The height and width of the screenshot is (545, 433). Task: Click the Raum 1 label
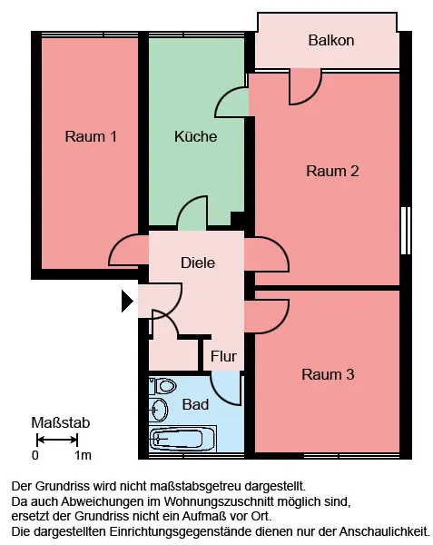(91, 136)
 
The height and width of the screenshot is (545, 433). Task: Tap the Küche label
(195, 136)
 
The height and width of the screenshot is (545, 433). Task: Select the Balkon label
(331, 40)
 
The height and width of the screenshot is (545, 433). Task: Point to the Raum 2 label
(332, 171)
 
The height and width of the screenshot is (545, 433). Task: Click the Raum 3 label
(328, 374)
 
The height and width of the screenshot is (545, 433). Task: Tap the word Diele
(198, 263)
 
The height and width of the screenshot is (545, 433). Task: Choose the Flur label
(223, 356)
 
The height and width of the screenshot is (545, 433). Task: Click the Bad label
(195, 404)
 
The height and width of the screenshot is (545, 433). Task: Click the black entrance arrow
(127, 302)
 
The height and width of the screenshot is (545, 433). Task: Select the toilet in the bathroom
(163, 386)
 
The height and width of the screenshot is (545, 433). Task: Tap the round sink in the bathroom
(159, 410)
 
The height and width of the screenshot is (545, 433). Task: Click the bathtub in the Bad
(182, 439)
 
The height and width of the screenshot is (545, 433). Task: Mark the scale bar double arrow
(57, 440)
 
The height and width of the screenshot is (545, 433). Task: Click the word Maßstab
(61, 422)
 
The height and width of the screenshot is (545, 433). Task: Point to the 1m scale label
(83, 455)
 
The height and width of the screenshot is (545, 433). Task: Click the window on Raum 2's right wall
(406, 231)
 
